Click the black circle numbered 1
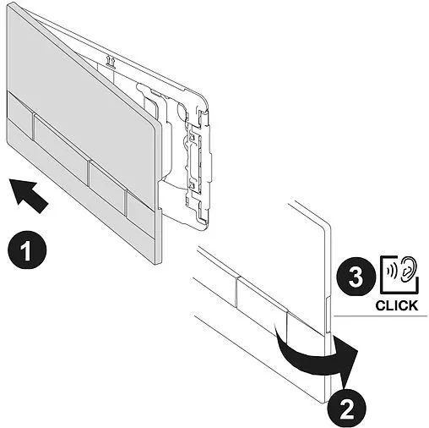click(27, 250)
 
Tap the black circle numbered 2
click(346, 409)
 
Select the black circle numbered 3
click(356, 277)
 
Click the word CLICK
click(397, 305)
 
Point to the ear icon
click(408, 269)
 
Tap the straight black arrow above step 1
click(28, 195)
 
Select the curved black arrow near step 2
click(315, 357)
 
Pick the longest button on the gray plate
click(61, 145)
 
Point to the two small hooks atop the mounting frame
click(111, 62)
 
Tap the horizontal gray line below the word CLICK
click(381, 316)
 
